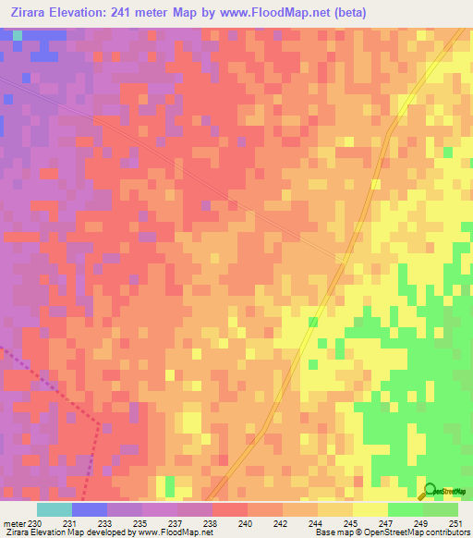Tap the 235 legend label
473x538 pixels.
click(141, 523)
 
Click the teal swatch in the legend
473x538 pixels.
click(55, 509)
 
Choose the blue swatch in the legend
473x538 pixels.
click(90, 509)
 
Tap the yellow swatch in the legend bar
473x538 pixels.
click(370, 509)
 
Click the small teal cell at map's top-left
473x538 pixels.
click(18, 35)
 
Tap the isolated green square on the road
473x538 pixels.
click(313, 322)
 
